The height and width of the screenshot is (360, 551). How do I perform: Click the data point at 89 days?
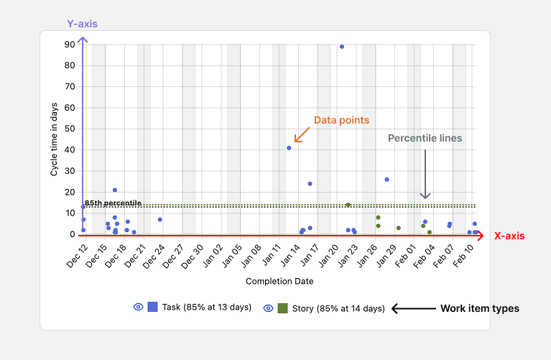click(x=342, y=47)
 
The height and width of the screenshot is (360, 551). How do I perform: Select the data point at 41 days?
click(x=289, y=148)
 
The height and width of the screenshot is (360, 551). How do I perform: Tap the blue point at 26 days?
click(x=386, y=180)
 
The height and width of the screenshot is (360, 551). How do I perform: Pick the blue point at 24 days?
click(x=310, y=184)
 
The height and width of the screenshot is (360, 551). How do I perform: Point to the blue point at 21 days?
click(x=115, y=190)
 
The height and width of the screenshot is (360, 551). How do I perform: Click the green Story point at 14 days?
click(x=348, y=205)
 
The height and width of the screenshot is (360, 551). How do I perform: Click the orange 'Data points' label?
click(x=342, y=120)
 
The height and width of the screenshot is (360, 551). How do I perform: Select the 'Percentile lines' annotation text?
click(x=425, y=138)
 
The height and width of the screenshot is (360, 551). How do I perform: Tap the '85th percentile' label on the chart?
click(x=113, y=203)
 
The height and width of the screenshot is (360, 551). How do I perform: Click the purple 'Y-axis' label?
click(x=82, y=24)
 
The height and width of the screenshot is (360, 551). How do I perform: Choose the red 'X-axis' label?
click(x=509, y=236)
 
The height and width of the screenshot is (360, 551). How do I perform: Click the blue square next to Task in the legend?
click(x=153, y=307)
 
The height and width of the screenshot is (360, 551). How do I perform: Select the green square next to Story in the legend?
click(x=282, y=308)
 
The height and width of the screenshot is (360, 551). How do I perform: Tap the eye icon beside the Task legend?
click(x=138, y=307)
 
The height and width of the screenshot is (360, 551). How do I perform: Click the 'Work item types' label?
click(x=480, y=308)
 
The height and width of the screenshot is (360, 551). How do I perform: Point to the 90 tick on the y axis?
click(x=70, y=45)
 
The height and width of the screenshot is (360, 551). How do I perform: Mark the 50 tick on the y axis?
click(x=70, y=129)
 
